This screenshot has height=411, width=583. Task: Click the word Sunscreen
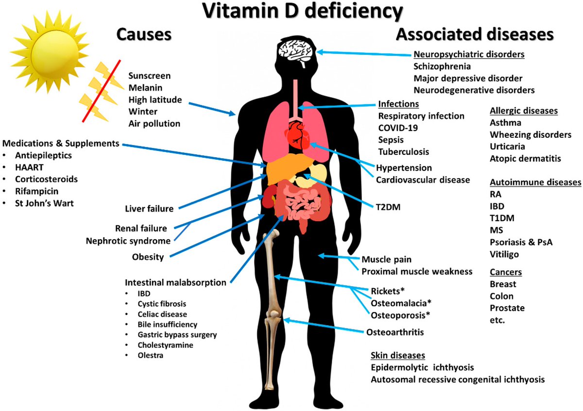coord(150,76)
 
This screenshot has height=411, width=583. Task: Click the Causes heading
coord(144,34)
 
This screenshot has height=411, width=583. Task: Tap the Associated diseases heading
coord(475,34)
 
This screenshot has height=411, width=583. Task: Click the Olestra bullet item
coord(150,356)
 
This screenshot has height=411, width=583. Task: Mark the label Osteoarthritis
coord(395,332)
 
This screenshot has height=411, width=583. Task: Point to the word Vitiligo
coord(504,254)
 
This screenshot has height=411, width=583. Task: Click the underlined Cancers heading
coord(506,272)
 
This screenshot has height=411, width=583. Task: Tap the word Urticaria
coord(507,146)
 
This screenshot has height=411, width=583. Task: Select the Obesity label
coord(148,257)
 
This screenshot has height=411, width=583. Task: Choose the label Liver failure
coord(149,209)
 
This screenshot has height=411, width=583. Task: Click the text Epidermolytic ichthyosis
coord(422,367)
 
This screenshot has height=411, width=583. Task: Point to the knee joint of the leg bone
coord(274,320)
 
